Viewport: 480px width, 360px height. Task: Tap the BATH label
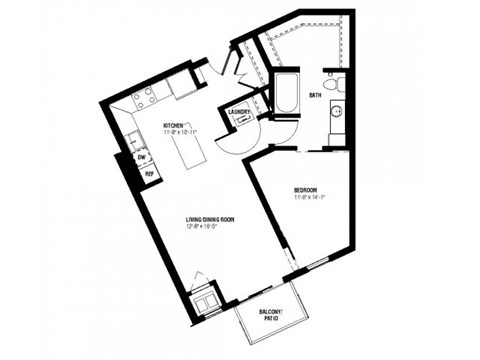click(315, 96)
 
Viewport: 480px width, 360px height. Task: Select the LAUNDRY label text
click(239, 112)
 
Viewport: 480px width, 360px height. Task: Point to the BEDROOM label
click(306, 190)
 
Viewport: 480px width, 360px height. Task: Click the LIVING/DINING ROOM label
click(208, 219)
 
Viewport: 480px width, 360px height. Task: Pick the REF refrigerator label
click(150, 174)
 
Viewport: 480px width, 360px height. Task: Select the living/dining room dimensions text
click(204, 227)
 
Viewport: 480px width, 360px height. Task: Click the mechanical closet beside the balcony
click(207, 297)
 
